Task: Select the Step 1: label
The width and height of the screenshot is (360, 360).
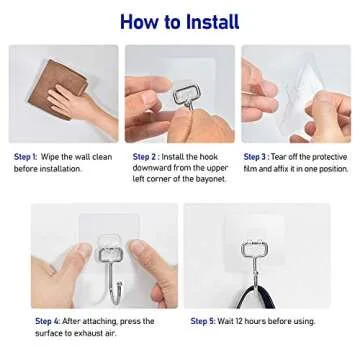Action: coord(25,157)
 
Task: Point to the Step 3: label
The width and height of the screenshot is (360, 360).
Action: coord(257,157)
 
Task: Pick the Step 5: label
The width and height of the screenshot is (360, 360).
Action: coord(205,320)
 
